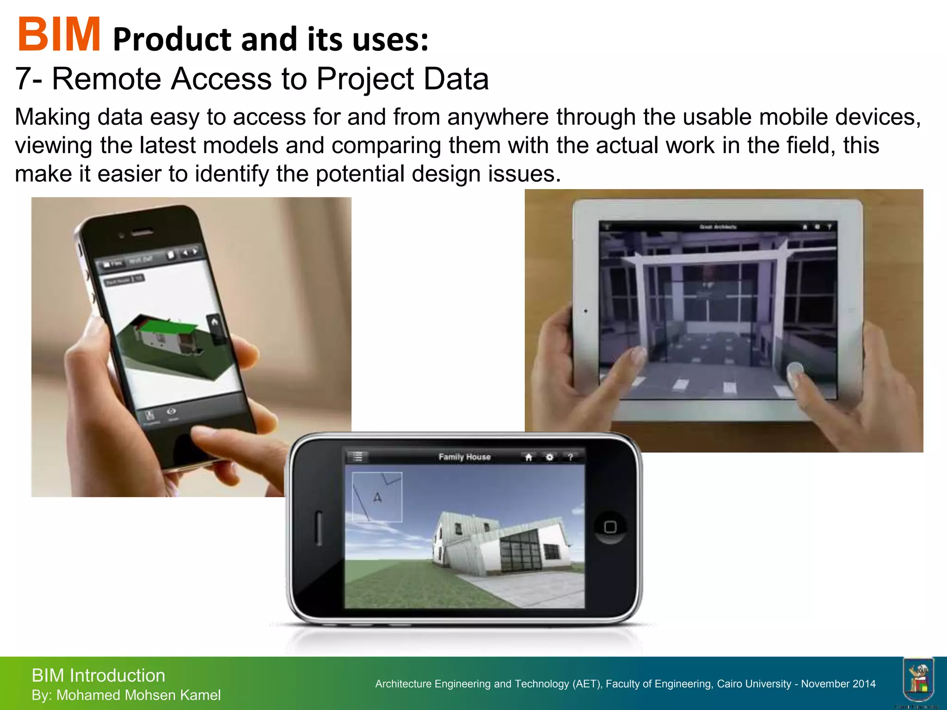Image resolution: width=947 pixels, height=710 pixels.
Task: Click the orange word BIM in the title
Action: pos(59,35)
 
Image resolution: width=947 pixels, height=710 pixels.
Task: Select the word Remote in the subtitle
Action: pos(106,79)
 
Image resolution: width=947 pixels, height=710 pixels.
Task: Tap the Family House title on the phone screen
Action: pos(464,457)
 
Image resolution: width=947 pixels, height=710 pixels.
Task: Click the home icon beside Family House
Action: pos(529,457)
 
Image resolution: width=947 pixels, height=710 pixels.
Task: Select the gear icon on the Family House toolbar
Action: pos(549,457)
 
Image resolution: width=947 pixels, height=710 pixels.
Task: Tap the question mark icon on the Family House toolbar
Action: pos(571,457)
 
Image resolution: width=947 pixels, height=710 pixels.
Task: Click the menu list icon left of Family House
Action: pos(357,457)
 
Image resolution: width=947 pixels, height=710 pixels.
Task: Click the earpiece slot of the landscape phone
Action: pos(318,527)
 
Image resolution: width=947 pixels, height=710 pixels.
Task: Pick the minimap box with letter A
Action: pos(377,497)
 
